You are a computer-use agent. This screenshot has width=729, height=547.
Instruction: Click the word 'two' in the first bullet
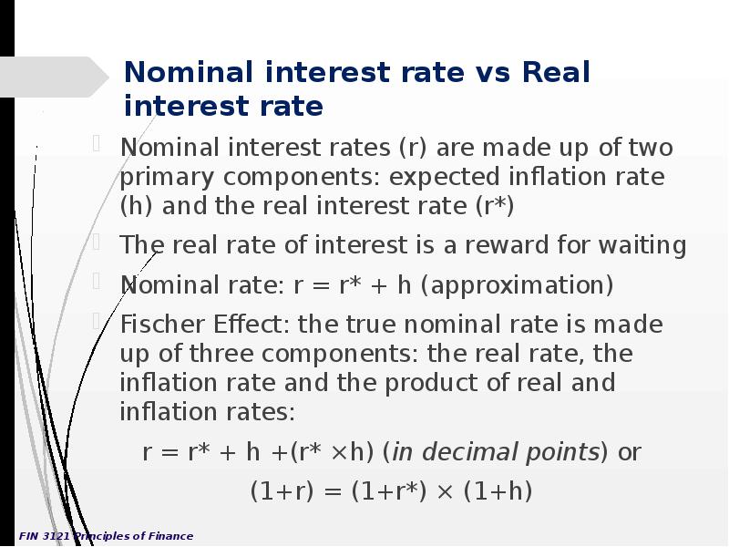pos(650,148)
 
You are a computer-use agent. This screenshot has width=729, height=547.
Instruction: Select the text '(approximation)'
pos(517,285)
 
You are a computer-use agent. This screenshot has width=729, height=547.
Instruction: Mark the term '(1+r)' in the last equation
pos(282,492)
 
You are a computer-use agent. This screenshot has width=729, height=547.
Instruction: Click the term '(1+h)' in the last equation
pos(498,492)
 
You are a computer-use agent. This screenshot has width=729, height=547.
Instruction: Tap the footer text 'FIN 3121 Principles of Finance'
pos(106,536)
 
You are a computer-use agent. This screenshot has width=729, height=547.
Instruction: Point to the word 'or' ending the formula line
pos(630,452)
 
